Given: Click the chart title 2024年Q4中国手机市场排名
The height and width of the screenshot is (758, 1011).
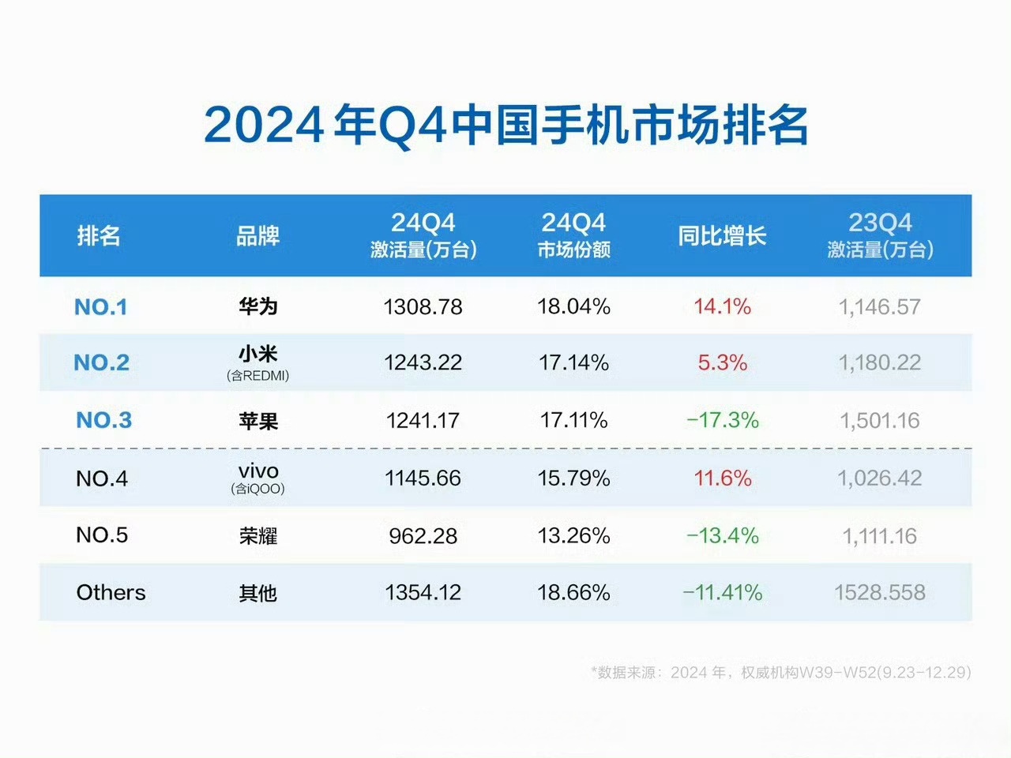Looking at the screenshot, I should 505,125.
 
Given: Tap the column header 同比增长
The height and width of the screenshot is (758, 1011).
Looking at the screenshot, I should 722,235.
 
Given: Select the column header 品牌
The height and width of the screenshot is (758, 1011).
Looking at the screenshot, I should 258,235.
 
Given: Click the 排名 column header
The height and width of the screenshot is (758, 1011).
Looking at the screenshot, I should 99,235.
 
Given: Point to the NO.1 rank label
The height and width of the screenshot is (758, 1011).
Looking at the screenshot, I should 100,307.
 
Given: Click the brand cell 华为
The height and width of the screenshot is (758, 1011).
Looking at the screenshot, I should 258,306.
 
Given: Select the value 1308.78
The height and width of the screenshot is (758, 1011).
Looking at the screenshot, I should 423,307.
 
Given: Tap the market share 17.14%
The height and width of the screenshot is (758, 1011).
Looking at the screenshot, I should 573,363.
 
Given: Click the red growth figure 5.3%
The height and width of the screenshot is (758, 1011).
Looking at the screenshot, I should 722,363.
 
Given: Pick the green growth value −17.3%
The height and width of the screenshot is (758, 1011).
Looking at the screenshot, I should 722,420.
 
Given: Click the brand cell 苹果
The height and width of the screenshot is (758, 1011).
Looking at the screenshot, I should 258,421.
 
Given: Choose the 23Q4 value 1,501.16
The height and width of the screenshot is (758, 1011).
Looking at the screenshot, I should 880,421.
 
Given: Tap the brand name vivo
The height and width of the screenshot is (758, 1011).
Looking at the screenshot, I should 258,471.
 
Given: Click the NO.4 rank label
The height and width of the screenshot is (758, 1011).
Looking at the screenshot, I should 102,478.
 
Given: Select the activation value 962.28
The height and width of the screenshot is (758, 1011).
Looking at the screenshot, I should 423,536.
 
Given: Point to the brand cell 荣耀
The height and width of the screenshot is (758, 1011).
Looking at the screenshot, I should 258,536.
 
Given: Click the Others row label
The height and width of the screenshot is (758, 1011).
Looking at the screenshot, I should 111,593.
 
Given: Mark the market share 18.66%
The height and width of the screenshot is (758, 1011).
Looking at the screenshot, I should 573,593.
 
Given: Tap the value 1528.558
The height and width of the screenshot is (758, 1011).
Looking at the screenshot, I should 880,593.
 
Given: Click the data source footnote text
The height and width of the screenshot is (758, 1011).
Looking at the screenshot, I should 780,673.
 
